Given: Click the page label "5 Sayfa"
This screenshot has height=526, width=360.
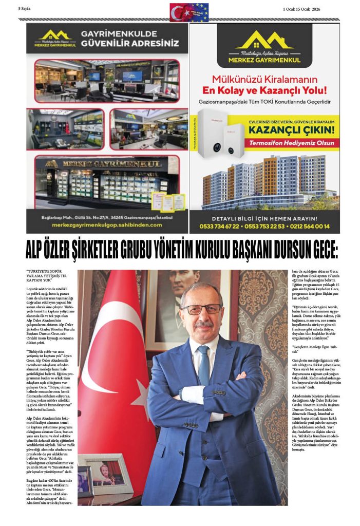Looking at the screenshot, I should click(x=25, y=9).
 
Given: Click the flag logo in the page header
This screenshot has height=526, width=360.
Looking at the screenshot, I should click(x=189, y=12).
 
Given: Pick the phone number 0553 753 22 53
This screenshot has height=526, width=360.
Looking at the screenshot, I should click(x=263, y=226).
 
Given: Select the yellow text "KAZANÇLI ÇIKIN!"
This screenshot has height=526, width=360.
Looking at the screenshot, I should click(x=291, y=130).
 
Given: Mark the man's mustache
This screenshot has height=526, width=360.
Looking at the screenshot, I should click(x=203, y=325).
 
